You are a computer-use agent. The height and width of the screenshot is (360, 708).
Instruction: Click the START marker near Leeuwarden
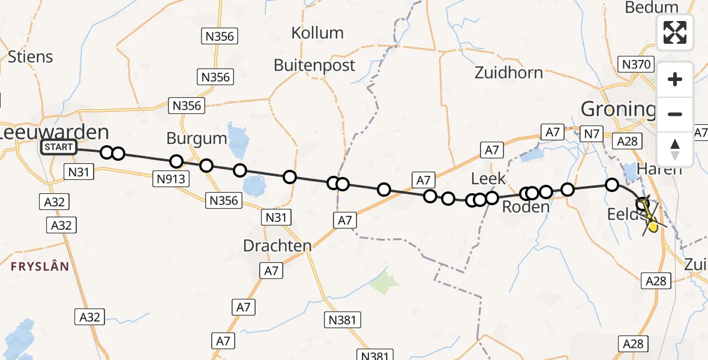tap(59, 147)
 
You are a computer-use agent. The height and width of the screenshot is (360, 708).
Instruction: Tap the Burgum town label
tap(197, 139)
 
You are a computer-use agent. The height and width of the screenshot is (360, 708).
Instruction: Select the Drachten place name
tap(277, 245)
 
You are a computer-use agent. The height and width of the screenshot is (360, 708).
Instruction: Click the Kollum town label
tap(317, 33)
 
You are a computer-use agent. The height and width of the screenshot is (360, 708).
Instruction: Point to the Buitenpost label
tap(314, 65)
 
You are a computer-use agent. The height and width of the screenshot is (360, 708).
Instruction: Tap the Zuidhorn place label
tap(508, 73)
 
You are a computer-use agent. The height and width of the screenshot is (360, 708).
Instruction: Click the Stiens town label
tap(30, 57)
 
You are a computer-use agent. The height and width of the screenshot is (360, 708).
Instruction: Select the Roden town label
tap(526, 207)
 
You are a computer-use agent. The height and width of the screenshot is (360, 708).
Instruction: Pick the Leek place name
tap(488, 178)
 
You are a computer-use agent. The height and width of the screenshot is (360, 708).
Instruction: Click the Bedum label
tap(651, 7)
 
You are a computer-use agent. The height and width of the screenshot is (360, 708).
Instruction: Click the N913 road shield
tap(172, 178)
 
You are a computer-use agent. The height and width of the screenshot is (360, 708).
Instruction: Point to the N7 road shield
tap(592, 134)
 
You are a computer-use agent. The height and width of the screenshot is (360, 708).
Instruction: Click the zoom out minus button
tap(675, 114)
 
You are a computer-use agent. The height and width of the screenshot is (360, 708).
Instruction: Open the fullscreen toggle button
tap(675, 32)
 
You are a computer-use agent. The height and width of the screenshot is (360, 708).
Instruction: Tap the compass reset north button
tap(675, 149)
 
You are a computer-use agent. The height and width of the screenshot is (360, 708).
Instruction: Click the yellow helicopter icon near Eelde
tap(652, 224)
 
